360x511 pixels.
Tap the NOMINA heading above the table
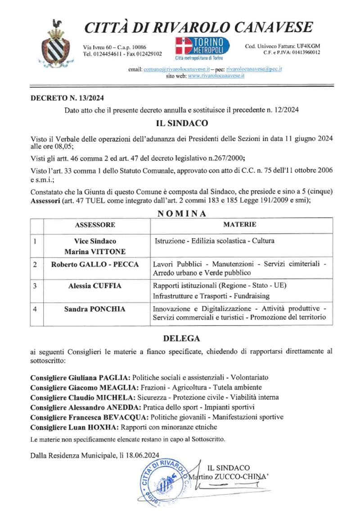182,213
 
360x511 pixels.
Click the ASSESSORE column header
95,225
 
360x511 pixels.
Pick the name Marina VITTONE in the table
95,252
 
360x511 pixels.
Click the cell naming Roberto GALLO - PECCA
95,264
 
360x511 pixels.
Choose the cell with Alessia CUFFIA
95,285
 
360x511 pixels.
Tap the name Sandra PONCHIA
95,309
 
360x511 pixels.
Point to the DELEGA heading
181,338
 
